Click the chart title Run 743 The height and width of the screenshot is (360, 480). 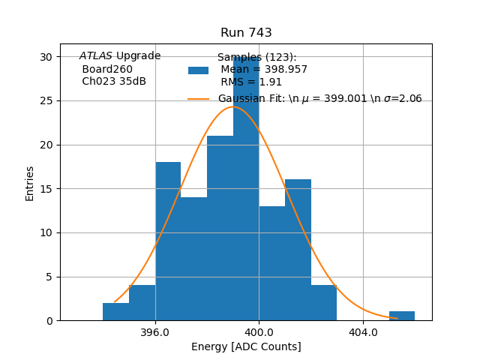coord(246,33)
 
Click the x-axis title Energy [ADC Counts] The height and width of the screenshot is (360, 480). coord(246,346)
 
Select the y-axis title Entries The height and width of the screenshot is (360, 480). coord(30,183)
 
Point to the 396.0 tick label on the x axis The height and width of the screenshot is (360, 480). coord(155,332)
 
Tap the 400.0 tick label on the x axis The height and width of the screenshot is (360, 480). coord(259,332)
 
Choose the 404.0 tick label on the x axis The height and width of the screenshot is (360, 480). coord(363,332)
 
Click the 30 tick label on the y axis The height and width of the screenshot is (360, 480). coord(46,57)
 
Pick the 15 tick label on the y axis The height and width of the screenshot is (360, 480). coord(46,189)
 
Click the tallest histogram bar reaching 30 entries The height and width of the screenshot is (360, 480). coord(246,187)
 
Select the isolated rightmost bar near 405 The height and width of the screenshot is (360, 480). coord(402,316)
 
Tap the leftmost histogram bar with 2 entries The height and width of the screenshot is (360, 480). coord(115,312)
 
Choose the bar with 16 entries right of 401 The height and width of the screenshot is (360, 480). coord(298,250)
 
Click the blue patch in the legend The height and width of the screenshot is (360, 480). coord(198,70)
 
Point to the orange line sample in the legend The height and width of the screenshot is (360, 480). coord(198,99)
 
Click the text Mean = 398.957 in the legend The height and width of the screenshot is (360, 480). coord(264,70)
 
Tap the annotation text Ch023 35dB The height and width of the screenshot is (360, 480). coord(114,82)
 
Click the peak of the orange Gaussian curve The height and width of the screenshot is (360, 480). coord(232,106)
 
